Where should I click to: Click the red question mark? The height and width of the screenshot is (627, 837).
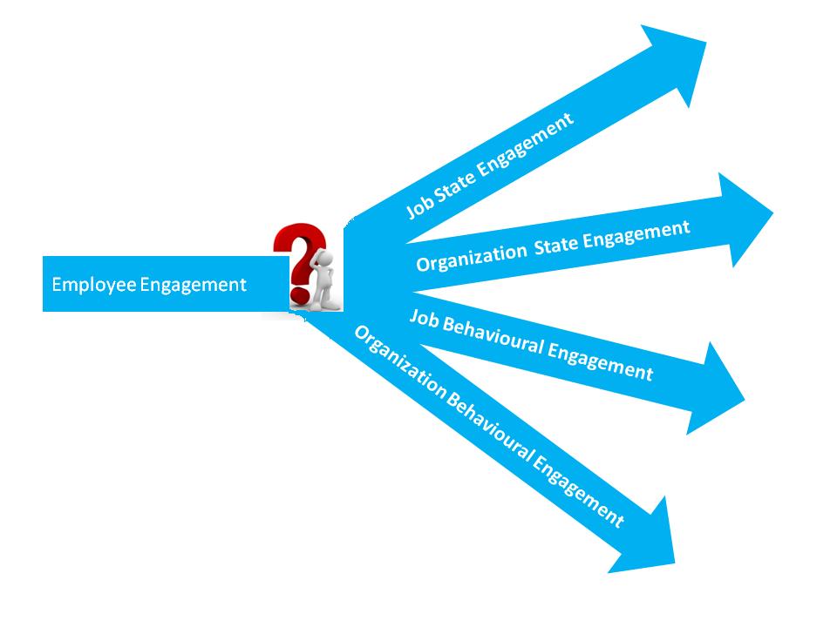(296, 253)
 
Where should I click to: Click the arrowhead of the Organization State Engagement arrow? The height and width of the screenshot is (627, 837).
(741, 218)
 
